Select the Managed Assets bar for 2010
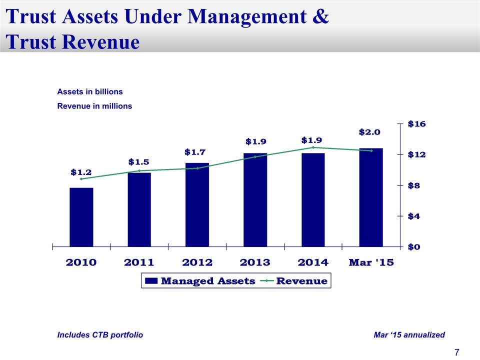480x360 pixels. [x=81, y=217]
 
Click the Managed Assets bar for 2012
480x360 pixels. [x=197, y=204]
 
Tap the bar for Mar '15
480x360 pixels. [x=370, y=197]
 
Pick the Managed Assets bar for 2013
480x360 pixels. [x=255, y=199]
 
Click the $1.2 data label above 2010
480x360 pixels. [x=81, y=172]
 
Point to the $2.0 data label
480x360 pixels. [x=369, y=132]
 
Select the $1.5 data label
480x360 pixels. [x=138, y=161]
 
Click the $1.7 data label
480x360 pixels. [x=196, y=151]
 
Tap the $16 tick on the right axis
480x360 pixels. [x=417, y=123]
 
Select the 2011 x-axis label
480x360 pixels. [x=139, y=262]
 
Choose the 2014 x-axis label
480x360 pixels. [x=312, y=262]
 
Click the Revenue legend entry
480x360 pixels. [x=301, y=281]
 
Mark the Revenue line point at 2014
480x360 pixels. [x=313, y=147]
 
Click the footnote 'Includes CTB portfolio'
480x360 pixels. [x=100, y=335]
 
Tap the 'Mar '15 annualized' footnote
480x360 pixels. [x=409, y=335]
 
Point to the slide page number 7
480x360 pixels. [x=456, y=352]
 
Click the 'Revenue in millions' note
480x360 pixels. [x=94, y=106]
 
